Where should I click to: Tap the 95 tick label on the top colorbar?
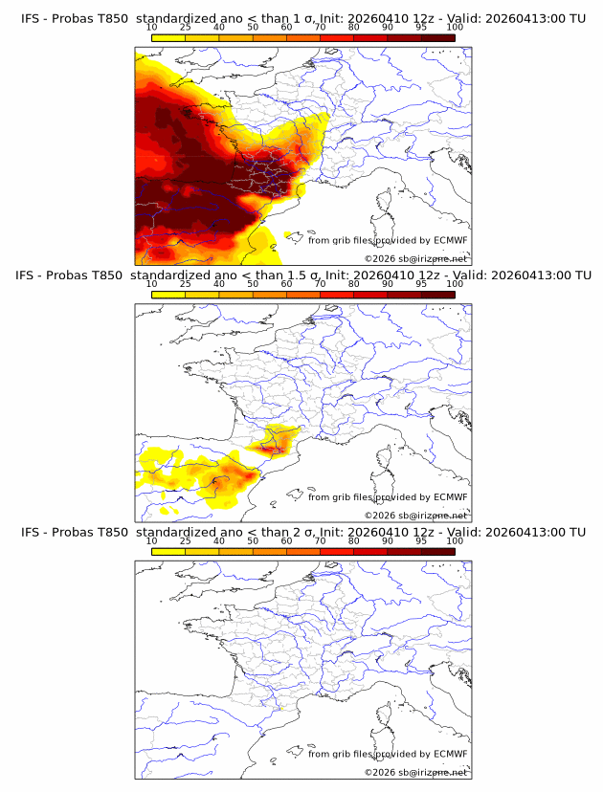tap(421, 28)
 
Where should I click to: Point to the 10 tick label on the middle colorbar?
tap(151, 284)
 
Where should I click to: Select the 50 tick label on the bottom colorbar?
tap(253, 540)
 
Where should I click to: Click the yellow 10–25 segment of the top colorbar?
tap(168, 37)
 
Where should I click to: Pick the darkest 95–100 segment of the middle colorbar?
tap(438, 295)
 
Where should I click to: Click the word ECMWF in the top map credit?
tap(451, 240)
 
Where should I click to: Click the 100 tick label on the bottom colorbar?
tap(455, 540)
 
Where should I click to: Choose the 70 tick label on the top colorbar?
tap(320, 28)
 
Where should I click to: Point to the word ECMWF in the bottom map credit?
tap(451, 754)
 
